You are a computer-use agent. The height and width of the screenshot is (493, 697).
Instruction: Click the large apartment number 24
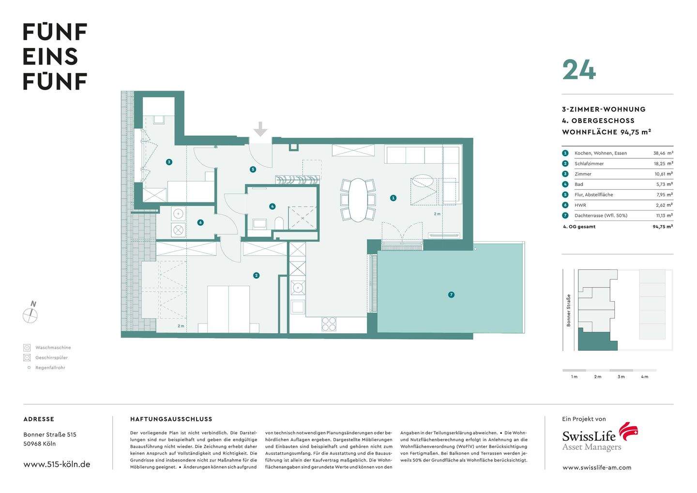[579, 70]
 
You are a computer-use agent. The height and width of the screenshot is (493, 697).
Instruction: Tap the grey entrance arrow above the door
[260, 129]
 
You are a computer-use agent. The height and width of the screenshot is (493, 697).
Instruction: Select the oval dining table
[358, 200]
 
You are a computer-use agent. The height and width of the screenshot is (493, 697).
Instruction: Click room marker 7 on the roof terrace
[451, 294]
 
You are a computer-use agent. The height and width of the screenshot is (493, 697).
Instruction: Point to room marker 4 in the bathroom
[273, 206]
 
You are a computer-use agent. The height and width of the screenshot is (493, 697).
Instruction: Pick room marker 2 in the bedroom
[256, 276]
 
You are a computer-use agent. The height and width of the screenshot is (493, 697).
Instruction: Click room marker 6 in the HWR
[200, 223]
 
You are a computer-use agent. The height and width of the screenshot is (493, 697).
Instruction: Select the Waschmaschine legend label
[53, 348]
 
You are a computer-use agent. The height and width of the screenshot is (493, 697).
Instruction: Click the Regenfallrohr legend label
[50, 368]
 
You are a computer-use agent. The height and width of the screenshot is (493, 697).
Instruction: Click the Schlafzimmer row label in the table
[589, 164]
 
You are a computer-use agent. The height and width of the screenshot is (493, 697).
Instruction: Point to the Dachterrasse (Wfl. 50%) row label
[601, 216]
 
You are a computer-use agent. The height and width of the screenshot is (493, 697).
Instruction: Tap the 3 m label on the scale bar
[621, 377]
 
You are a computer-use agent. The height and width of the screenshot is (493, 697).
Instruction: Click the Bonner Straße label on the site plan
[569, 310]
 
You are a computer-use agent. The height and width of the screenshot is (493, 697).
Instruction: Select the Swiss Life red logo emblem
[629, 431]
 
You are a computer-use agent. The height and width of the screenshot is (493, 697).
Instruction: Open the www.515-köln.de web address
[57, 464]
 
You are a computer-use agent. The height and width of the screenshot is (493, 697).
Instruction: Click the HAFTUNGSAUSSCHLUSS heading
[171, 419]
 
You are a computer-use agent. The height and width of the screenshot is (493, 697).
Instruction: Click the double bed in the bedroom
[228, 309]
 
